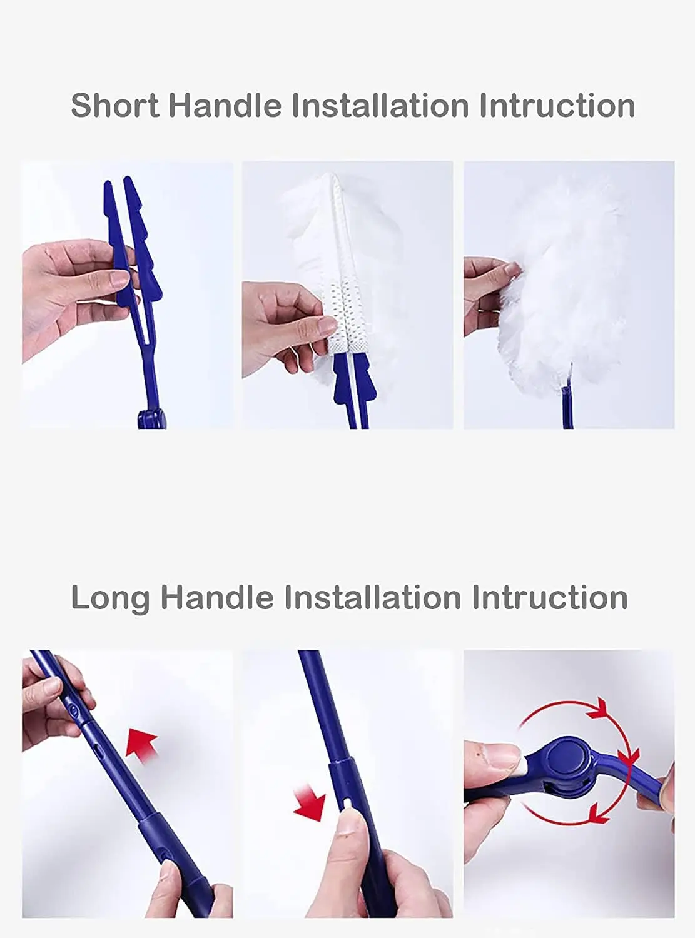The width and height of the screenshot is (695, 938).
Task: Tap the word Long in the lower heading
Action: point(110,598)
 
